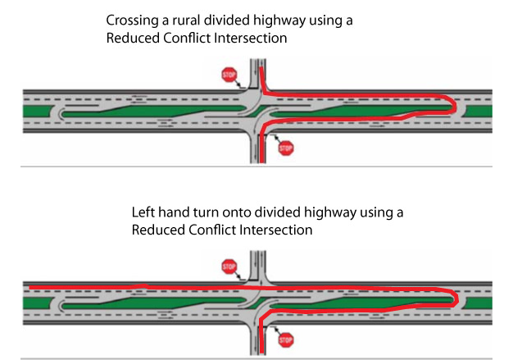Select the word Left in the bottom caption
pyautogui.click(x=143, y=212)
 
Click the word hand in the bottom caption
pyautogui.click(x=173, y=212)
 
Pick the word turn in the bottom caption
pyautogui.click(x=208, y=212)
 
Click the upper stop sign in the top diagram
pyautogui.click(x=229, y=75)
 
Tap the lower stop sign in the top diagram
pyautogui.click(x=285, y=148)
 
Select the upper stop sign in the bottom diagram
pyautogui.click(x=229, y=266)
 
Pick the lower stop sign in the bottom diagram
pyautogui.click(x=285, y=339)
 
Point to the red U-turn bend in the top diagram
pyautogui.click(x=453, y=104)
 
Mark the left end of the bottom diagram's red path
pyautogui.click(x=28, y=287)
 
